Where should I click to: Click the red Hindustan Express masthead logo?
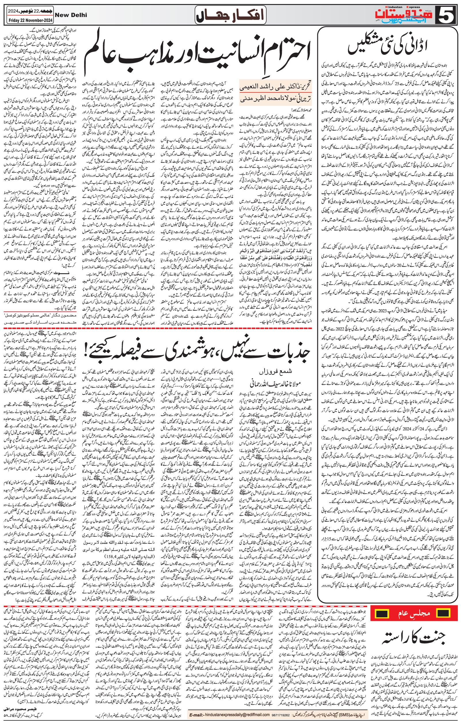pyautogui.click(x=413, y=14)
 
